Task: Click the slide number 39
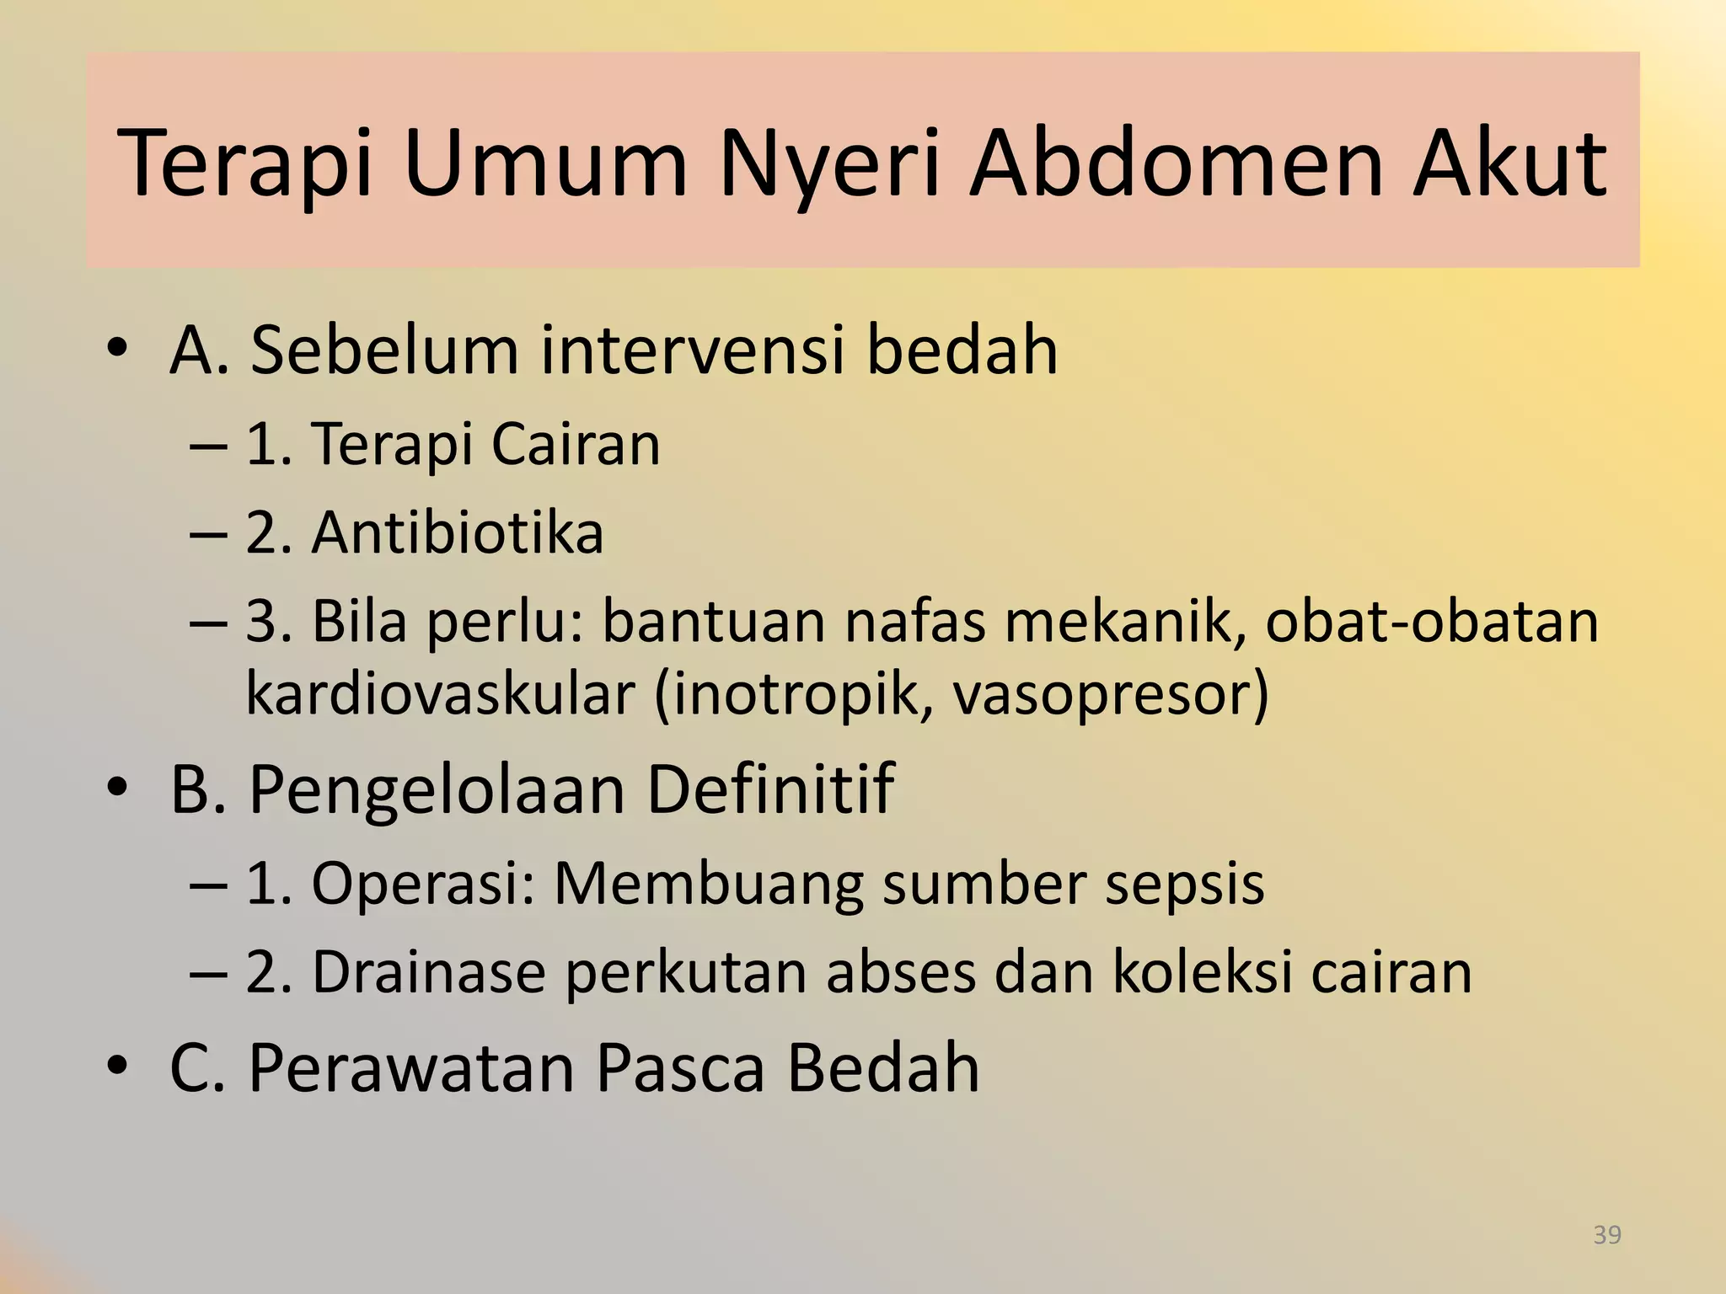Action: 1607,1235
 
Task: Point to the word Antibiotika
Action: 458,532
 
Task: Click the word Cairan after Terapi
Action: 576,444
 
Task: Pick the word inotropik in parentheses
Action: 792,693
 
